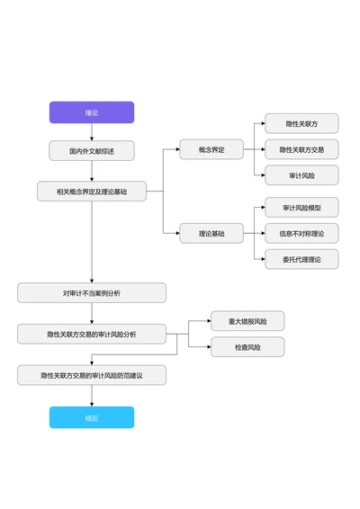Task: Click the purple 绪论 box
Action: click(x=92, y=112)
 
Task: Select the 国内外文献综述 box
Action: click(x=92, y=150)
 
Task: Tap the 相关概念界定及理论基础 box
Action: click(x=92, y=192)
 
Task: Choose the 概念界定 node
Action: click(x=211, y=149)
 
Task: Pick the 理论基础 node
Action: click(x=211, y=234)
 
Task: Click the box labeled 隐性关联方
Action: click(x=301, y=124)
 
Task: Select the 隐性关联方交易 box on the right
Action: click(x=301, y=149)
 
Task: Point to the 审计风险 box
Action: click(x=301, y=174)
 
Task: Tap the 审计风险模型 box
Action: click(x=301, y=208)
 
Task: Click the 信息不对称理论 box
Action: click(x=301, y=234)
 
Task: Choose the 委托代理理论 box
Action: click(x=301, y=259)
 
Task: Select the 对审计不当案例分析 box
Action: click(x=92, y=293)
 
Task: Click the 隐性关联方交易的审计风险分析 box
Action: click(x=92, y=335)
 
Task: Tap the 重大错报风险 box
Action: click(x=247, y=321)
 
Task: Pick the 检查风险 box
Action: click(x=247, y=347)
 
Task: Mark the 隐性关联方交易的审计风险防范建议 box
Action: click(x=92, y=375)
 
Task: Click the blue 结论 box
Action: click(x=92, y=417)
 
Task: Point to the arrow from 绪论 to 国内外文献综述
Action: click(x=92, y=131)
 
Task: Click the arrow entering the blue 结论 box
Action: click(x=92, y=397)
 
